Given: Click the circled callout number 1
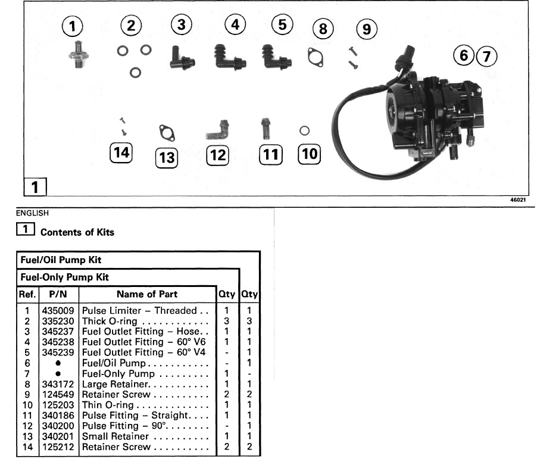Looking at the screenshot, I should tap(73, 26).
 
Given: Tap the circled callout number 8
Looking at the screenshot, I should tap(323, 28).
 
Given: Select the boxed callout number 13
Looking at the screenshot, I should tap(167, 158).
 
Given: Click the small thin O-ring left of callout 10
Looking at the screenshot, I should tap(304, 130).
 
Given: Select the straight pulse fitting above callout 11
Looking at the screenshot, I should tap(265, 129).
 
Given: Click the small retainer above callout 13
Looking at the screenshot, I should tap(166, 132).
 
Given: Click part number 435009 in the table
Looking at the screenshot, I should tap(58, 311).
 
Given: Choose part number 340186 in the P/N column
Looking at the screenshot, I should tap(58, 415).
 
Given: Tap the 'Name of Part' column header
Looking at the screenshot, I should tap(146, 294).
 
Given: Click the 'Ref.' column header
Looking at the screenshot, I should tap(27, 294).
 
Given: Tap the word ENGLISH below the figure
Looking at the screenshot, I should tap(33, 212).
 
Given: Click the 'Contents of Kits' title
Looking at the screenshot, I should tap(77, 232).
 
